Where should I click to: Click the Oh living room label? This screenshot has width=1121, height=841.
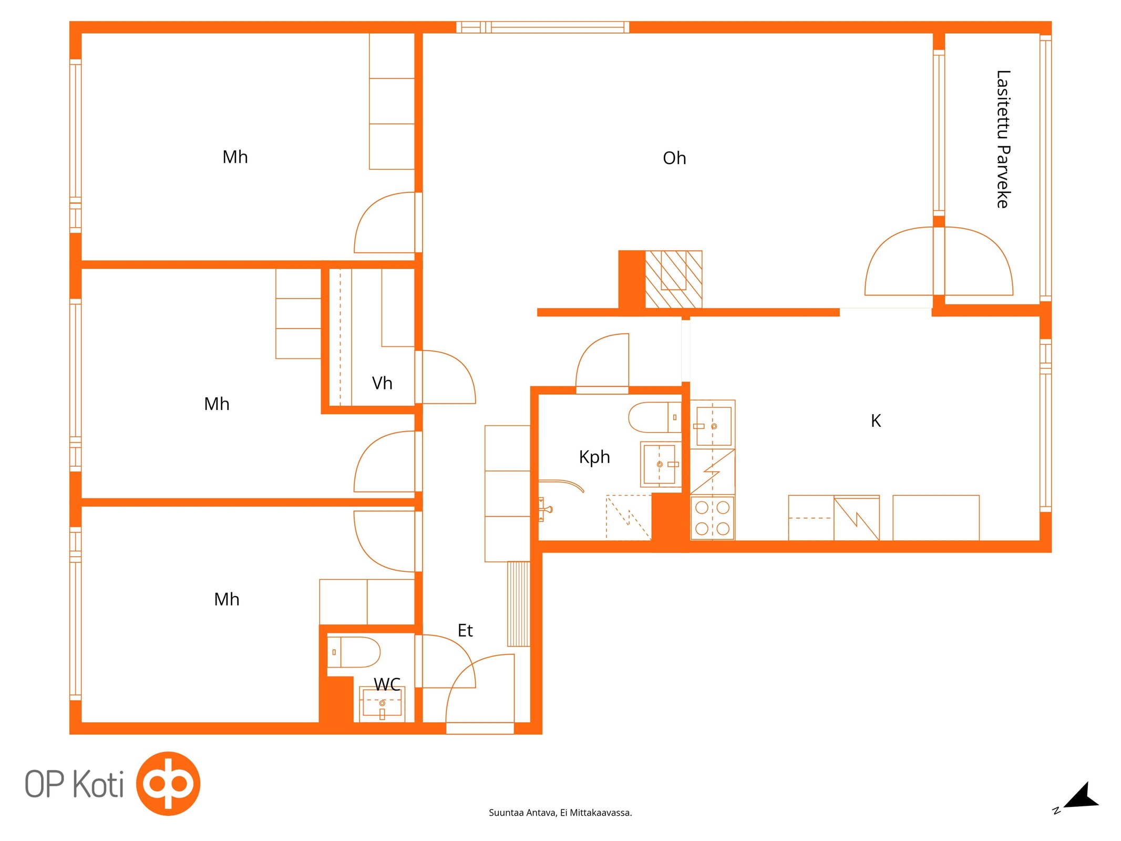click(674, 158)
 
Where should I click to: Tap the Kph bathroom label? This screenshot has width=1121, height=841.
click(594, 457)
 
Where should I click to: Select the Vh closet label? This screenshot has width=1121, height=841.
click(382, 383)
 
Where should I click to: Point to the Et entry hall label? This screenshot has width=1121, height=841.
click(465, 630)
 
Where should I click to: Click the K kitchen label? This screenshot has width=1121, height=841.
click(876, 420)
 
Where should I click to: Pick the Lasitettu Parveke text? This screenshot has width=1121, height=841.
click(1003, 139)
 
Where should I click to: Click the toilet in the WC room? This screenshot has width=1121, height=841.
click(354, 652)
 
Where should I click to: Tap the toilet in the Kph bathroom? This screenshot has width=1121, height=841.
click(655, 417)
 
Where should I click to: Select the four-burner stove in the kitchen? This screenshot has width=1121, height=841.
click(712, 518)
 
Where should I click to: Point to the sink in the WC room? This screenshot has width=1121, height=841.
click(382, 703)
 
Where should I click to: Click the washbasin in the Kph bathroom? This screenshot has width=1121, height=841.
click(661, 464)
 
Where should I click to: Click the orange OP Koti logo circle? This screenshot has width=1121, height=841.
click(168, 784)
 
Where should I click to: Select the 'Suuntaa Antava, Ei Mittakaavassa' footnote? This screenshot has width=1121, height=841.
click(560, 813)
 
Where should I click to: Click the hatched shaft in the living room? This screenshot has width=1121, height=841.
click(674, 279)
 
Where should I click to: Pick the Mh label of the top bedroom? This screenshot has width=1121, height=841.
click(235, 157)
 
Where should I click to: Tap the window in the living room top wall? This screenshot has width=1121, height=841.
click(542, 27)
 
